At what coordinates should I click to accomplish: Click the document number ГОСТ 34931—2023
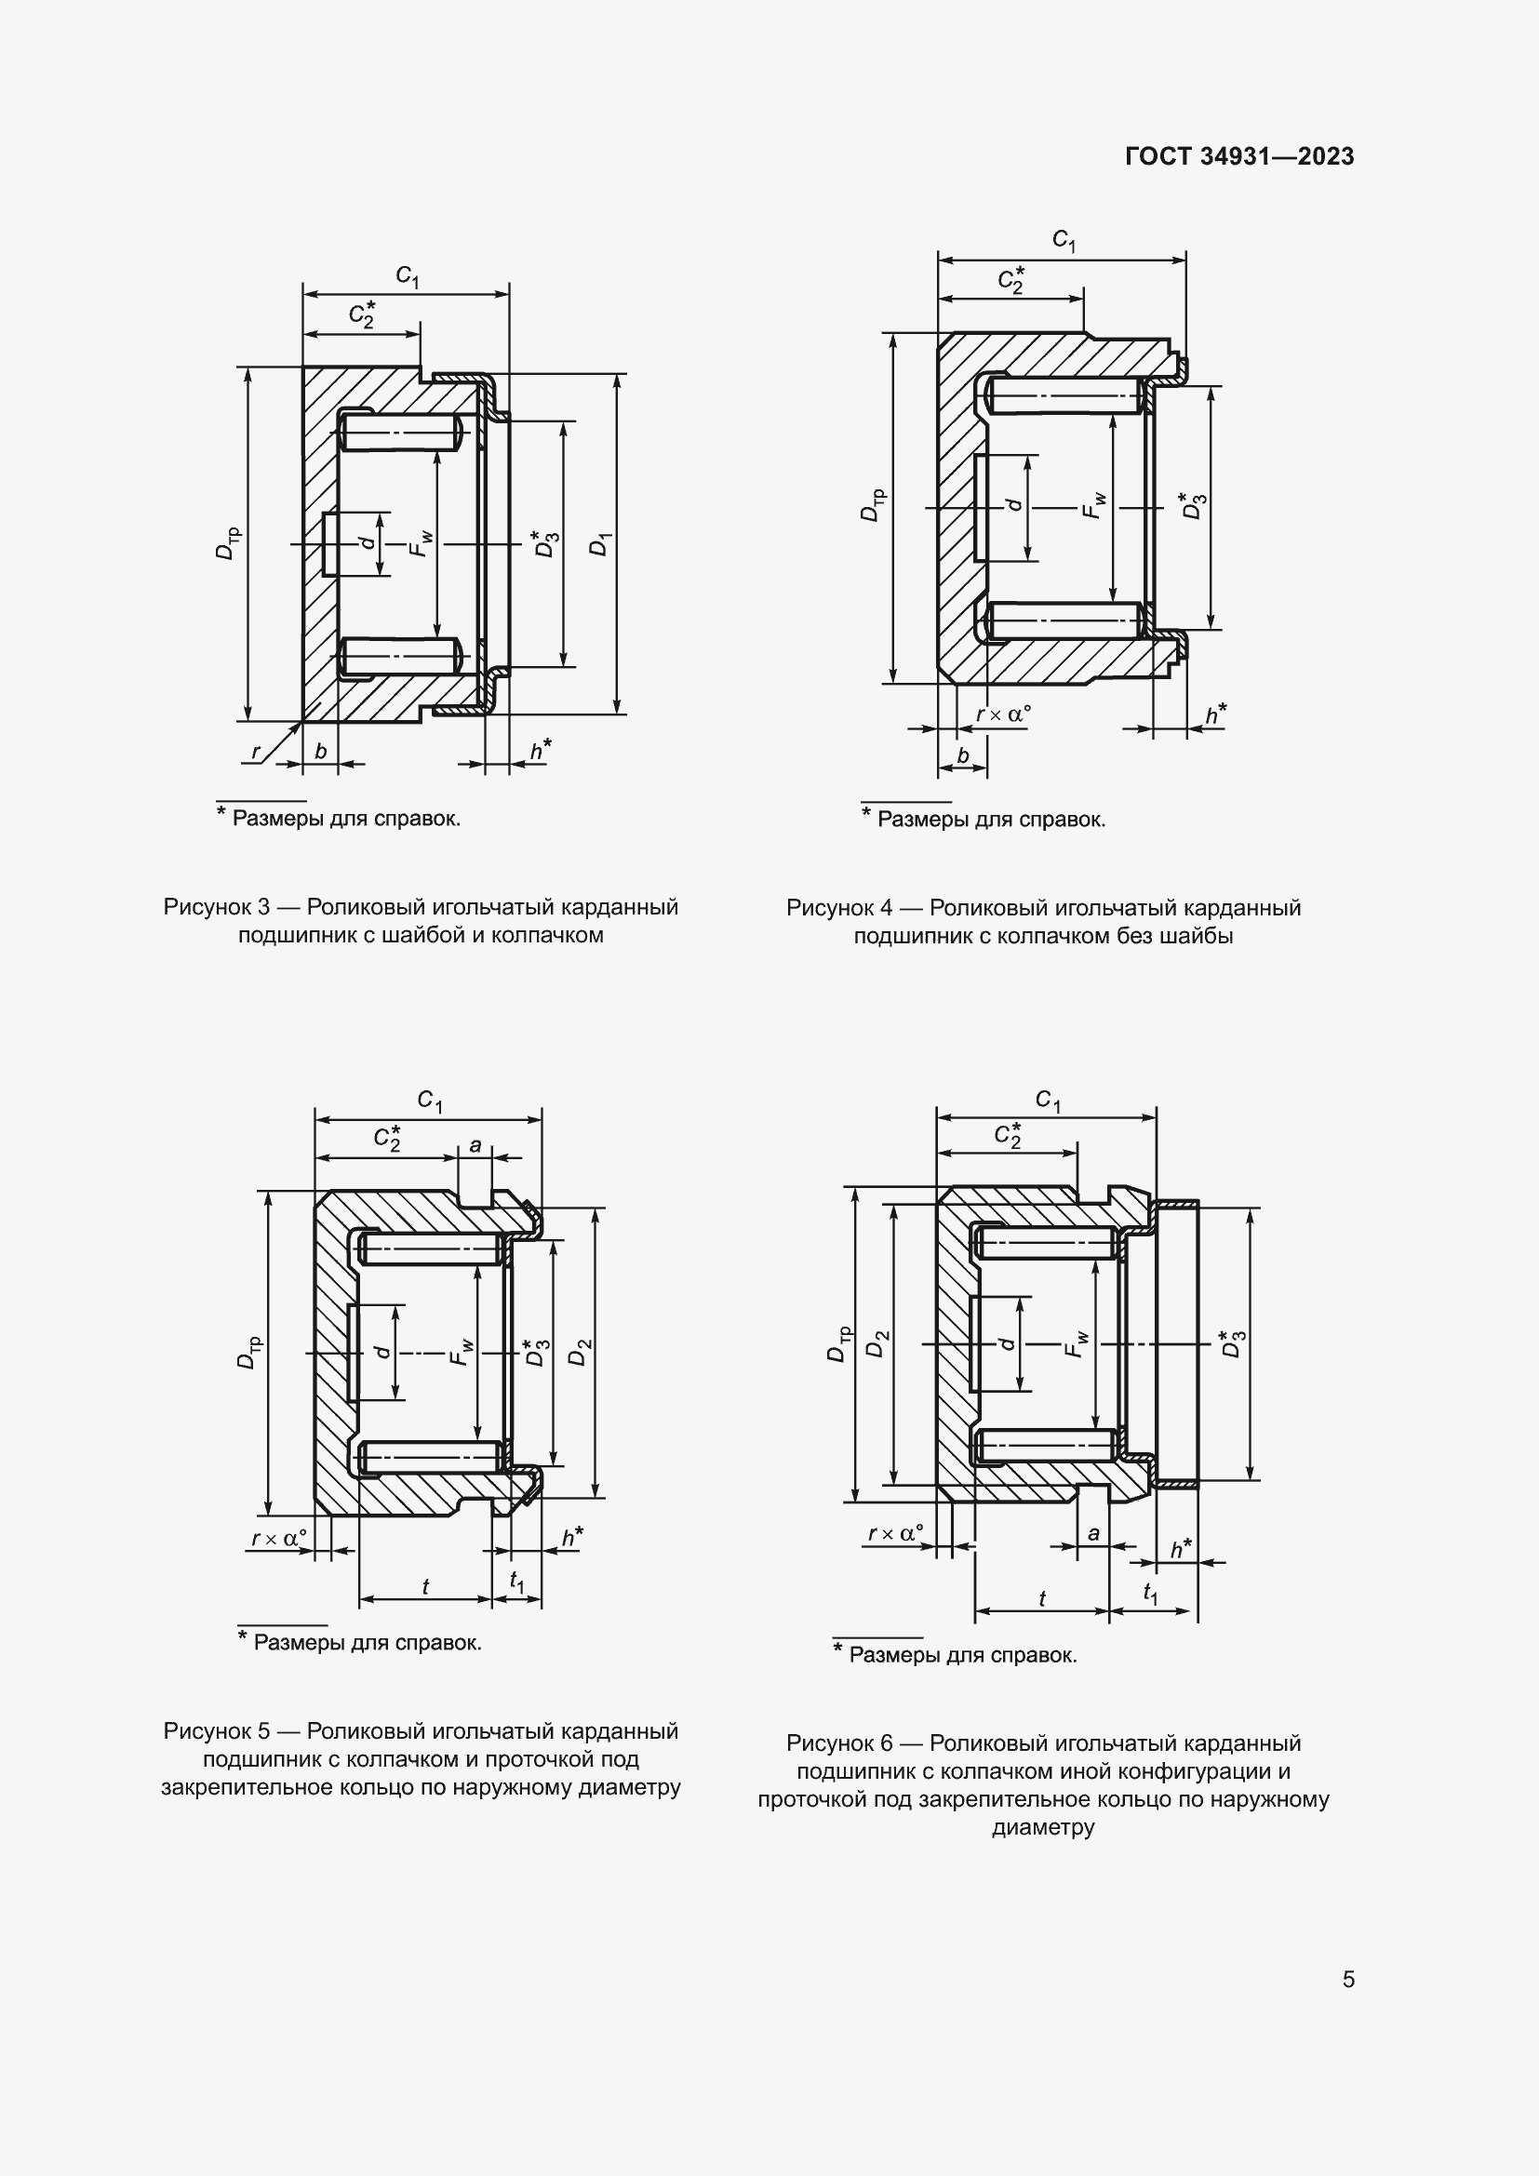click(x=1238, y=156)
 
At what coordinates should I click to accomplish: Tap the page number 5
click(x=1347, y=1979)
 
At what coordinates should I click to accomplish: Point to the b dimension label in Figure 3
click(x=320, y=752)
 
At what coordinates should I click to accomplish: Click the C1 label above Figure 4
click(x=1064, y=240)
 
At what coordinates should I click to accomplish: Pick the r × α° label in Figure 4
click(x=1003, y=714)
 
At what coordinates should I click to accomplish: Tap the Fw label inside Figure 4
click(x=1093, y=504)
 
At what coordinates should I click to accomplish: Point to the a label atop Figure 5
click(x=475, y=1145)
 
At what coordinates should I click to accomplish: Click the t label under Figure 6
click(x=1041, y=1599)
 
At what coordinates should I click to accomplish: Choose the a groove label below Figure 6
click(x=1093, y=1533)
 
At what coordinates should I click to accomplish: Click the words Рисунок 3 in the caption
click(x=217, y=907)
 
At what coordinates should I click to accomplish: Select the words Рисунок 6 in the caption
click(x=839, y=1742)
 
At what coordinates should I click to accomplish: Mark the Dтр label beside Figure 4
click(x=871, y=504)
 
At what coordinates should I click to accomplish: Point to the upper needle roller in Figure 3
click(x=400, y=434)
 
